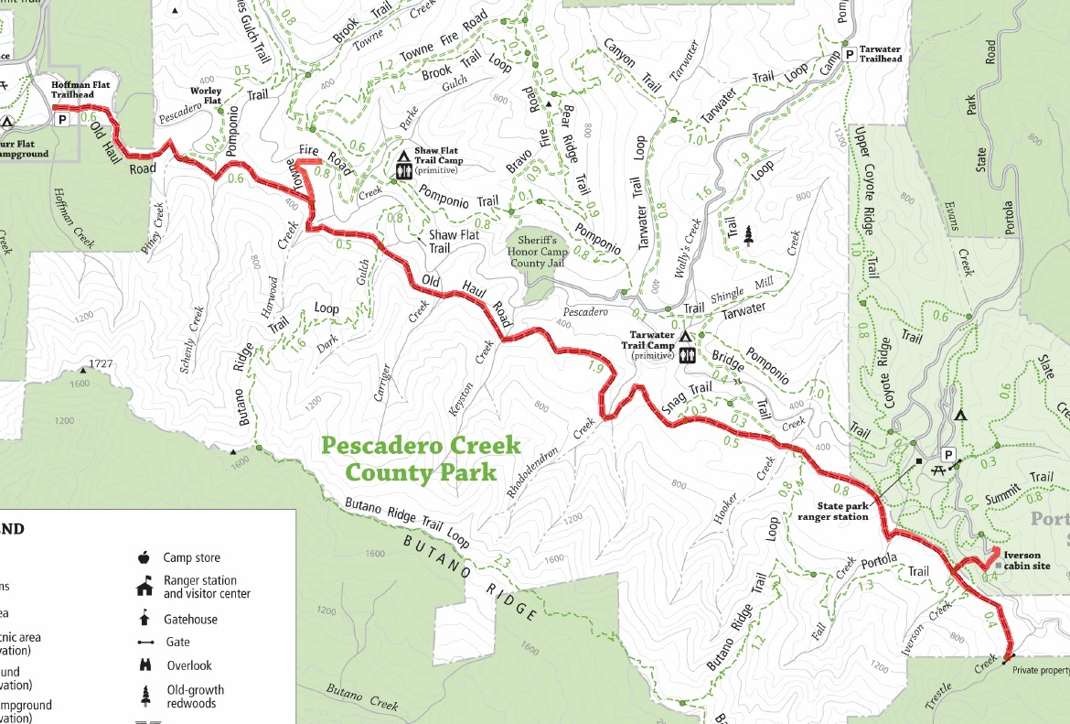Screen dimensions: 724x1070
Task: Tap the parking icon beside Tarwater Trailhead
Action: (850, 56)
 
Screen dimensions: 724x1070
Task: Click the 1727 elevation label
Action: (101, 364)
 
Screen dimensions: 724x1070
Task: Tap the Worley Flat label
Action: (206, 95)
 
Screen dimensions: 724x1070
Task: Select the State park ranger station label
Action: (829, 511)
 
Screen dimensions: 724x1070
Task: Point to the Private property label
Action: (1041, 670)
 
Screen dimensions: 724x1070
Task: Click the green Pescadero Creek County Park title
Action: (421, 459)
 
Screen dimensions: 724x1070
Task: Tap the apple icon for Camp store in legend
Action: (144, 557)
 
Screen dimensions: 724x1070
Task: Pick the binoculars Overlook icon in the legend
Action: (144, 665)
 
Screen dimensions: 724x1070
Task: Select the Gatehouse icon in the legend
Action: (144, 619)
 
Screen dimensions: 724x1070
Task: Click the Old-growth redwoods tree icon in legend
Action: (144, 694)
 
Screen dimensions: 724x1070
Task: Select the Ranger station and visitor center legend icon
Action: (144, 587)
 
